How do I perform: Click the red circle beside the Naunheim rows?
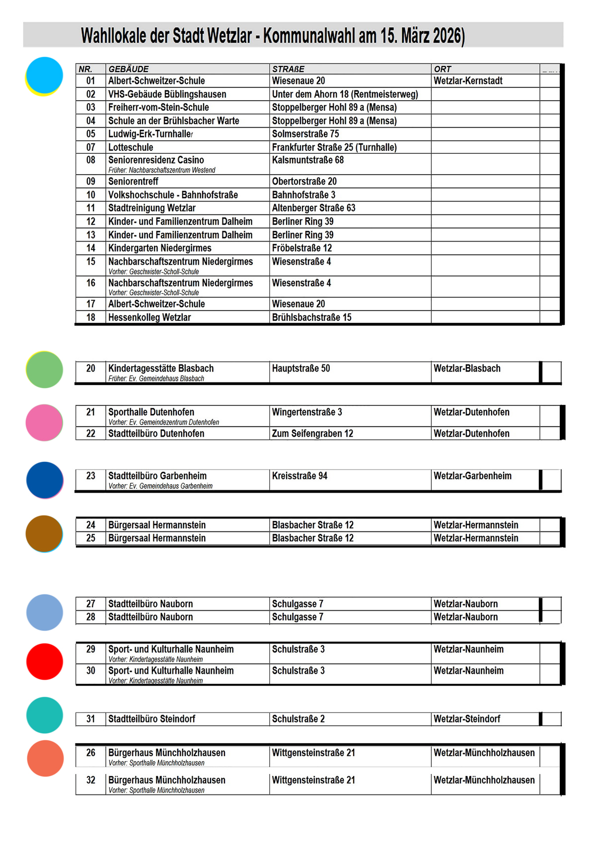click(x=45, y=661)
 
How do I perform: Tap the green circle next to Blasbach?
click(x=44, y=370)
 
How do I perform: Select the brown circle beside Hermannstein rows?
click(x=44, y=533)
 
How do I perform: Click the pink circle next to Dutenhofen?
click(x=44, y=423)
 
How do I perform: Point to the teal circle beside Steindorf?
click(x=45, y=715)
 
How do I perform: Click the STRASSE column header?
click(x=288, y=69)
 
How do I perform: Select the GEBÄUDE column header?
click(x=129, y=69)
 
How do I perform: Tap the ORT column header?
click(x=443, y=69)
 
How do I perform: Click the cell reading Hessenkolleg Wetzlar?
click(x=149, y=318)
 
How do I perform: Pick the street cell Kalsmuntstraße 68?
click(x=308, y=160)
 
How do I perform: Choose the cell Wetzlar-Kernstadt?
click(x=468, y=81)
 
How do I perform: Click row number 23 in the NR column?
click(x=90, y=476)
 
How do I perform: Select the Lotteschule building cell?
click(x=131, y=147)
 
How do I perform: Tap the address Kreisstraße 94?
click(x=299, y=476)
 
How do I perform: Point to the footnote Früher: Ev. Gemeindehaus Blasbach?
click(x=156, y=379)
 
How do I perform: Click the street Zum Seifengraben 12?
click(x=312, y=434)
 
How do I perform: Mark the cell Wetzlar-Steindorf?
click(x=467, y=719)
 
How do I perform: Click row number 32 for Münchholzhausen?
click(x=90, y=780)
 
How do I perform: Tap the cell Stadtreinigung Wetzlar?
click(x=152, y=208)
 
